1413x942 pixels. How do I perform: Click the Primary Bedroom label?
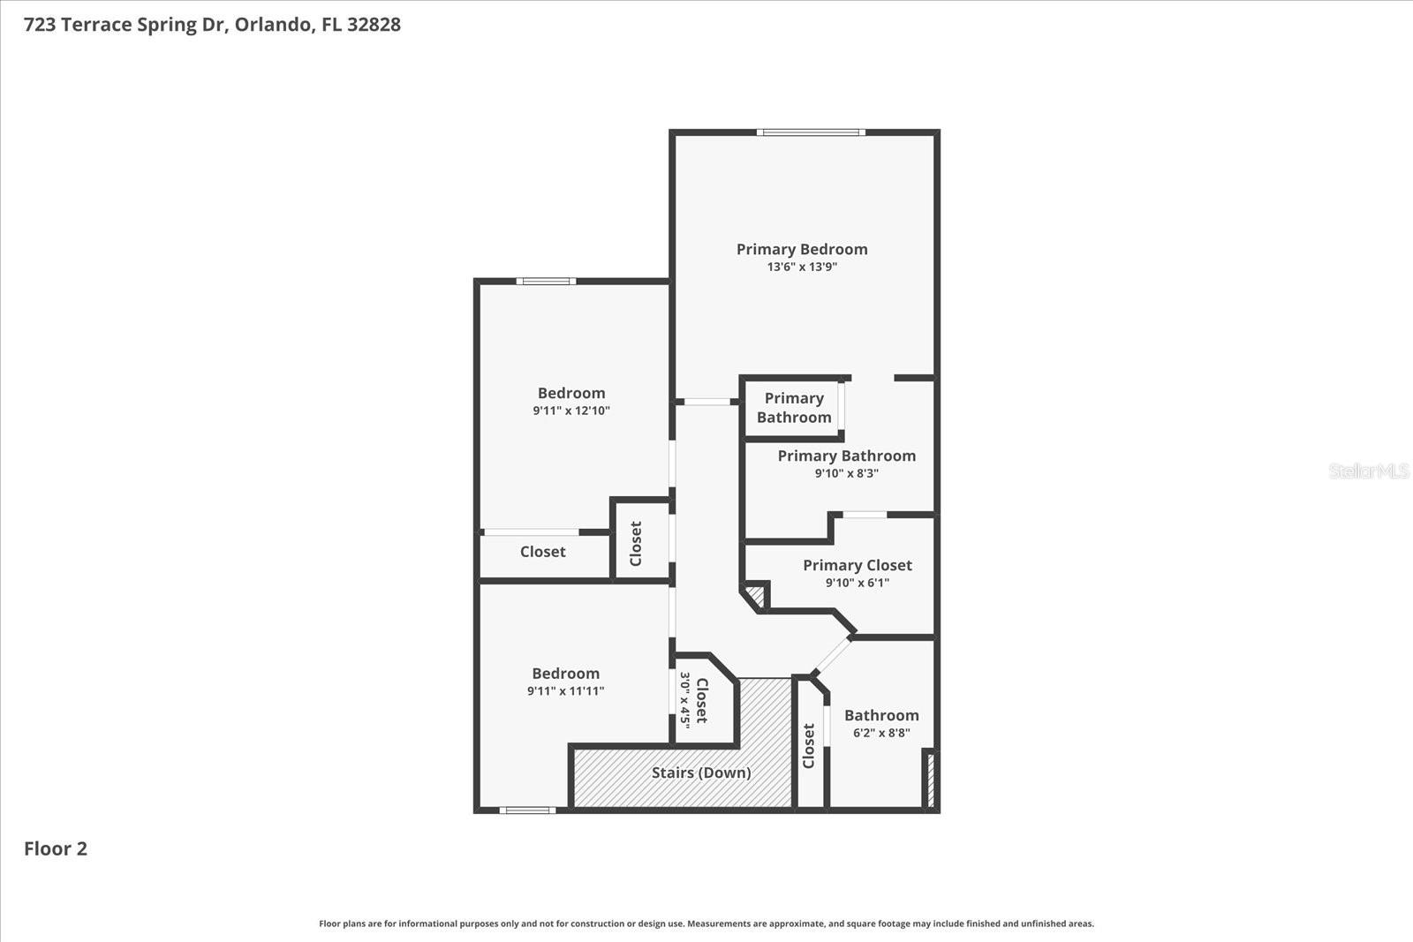(x=802, y=249)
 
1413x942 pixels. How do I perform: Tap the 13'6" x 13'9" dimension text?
(x=802, y=267)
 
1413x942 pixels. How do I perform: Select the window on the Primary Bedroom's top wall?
(x=811, y=132)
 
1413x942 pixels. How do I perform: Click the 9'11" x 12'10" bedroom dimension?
(x=570, y=411)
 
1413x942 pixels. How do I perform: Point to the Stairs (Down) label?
(x=701, y=772)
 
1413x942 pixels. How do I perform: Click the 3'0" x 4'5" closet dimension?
(x=684, y=700)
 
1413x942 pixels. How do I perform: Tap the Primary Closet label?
(x=857, y=565)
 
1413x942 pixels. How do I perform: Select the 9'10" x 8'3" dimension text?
(x=846, y=473)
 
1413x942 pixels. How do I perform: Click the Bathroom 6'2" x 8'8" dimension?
(x=881, y=733)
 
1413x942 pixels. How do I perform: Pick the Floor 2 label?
(x=56, y=848)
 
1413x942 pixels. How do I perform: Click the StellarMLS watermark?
(x=1368, y=471)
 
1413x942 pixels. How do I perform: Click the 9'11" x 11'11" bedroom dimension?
(x=565, y=691)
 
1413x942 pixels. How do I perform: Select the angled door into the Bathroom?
(x=833, y=655)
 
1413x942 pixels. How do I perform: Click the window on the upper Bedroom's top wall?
(x=546, y=282)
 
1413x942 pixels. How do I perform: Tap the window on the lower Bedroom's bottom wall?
(x=527, y=810)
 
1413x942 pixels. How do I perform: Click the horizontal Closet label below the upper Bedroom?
(x=542, y=552)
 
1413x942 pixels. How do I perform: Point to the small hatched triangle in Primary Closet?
(x=756, y=595)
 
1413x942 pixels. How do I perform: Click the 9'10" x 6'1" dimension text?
(x=857, y=583)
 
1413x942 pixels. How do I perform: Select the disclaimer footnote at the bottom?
(x=706, y=923)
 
